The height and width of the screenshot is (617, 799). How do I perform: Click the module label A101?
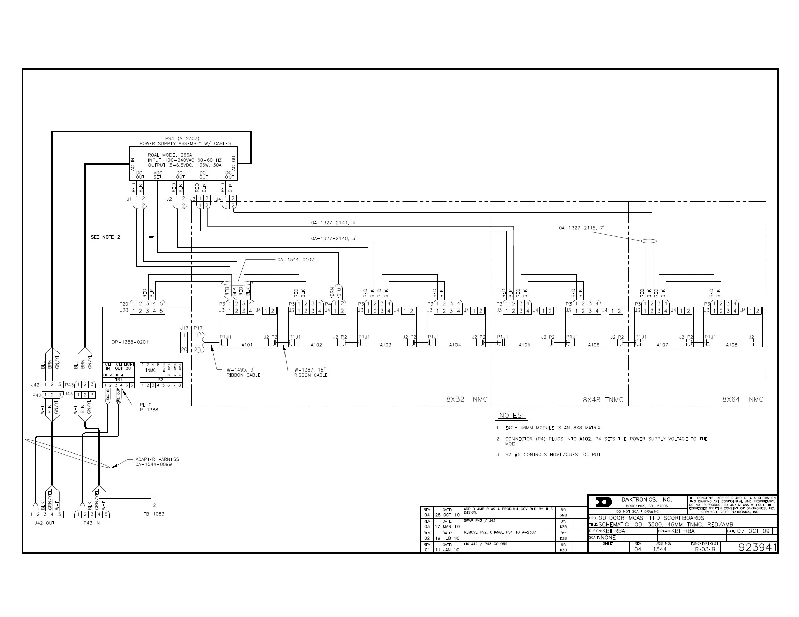[247, 345]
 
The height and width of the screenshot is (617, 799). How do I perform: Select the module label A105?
[524, 345]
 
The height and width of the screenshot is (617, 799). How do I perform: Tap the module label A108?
[732, 345]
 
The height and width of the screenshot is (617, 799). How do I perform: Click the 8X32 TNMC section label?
[467, 400]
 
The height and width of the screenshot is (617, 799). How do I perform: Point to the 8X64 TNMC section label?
[743, 400]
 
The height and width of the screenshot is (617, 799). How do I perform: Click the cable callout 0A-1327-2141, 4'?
[334, 222]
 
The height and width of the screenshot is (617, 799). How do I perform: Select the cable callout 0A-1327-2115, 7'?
[581, 228]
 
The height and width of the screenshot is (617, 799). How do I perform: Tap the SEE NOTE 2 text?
[105, 237]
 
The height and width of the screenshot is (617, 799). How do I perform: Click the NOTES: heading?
[511, 416]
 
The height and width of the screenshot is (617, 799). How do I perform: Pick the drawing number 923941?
[756, 548]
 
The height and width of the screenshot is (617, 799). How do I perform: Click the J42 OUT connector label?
[43, 523]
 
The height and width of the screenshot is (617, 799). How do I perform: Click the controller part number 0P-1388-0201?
[130, 342]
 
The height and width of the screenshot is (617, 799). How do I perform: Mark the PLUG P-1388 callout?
[149, 407]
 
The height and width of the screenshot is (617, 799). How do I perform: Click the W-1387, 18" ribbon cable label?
[311, 372]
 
